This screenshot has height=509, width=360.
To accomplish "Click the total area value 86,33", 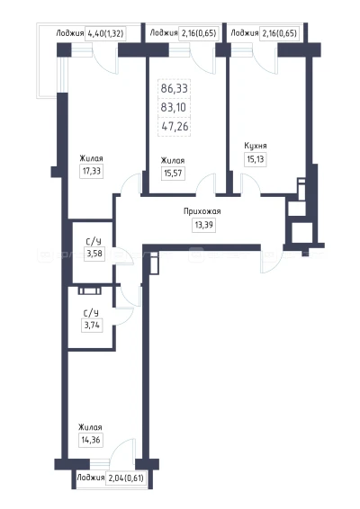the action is [175, 88].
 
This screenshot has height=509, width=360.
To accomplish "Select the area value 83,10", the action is [173, 107].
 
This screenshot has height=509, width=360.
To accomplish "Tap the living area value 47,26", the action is [175, 126].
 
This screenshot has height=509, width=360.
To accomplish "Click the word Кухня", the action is [256, 146].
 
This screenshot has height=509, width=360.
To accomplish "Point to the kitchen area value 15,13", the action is [256, 160].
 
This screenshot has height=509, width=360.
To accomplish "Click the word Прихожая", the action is [202, 211].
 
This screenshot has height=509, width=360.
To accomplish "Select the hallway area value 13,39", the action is [204, 225].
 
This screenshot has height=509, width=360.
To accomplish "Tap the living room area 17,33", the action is [92, 171].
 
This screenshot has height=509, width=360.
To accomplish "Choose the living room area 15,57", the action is [173, 174].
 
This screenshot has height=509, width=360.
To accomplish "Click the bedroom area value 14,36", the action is [91, 440].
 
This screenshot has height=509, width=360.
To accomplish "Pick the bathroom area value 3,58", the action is [94, 254].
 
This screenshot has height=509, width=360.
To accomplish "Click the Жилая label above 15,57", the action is [173, 160].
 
